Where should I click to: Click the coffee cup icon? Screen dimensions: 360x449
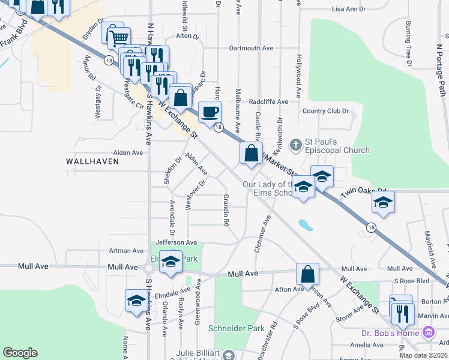click(209, 112)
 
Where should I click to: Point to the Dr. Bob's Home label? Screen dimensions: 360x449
click(390, 332)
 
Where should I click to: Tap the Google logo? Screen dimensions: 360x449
click(20, 352)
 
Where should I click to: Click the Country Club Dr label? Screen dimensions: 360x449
click(325, 111)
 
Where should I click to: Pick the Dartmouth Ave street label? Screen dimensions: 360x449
click(252, 49)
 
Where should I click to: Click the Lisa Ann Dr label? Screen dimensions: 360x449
click(348, 10)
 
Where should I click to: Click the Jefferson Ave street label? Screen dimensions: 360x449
click(176, 242)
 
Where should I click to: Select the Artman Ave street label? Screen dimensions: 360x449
click(126, 251)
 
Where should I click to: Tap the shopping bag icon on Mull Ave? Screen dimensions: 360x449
click(307, 274)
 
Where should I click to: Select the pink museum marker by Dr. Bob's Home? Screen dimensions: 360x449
click(428, 332)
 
